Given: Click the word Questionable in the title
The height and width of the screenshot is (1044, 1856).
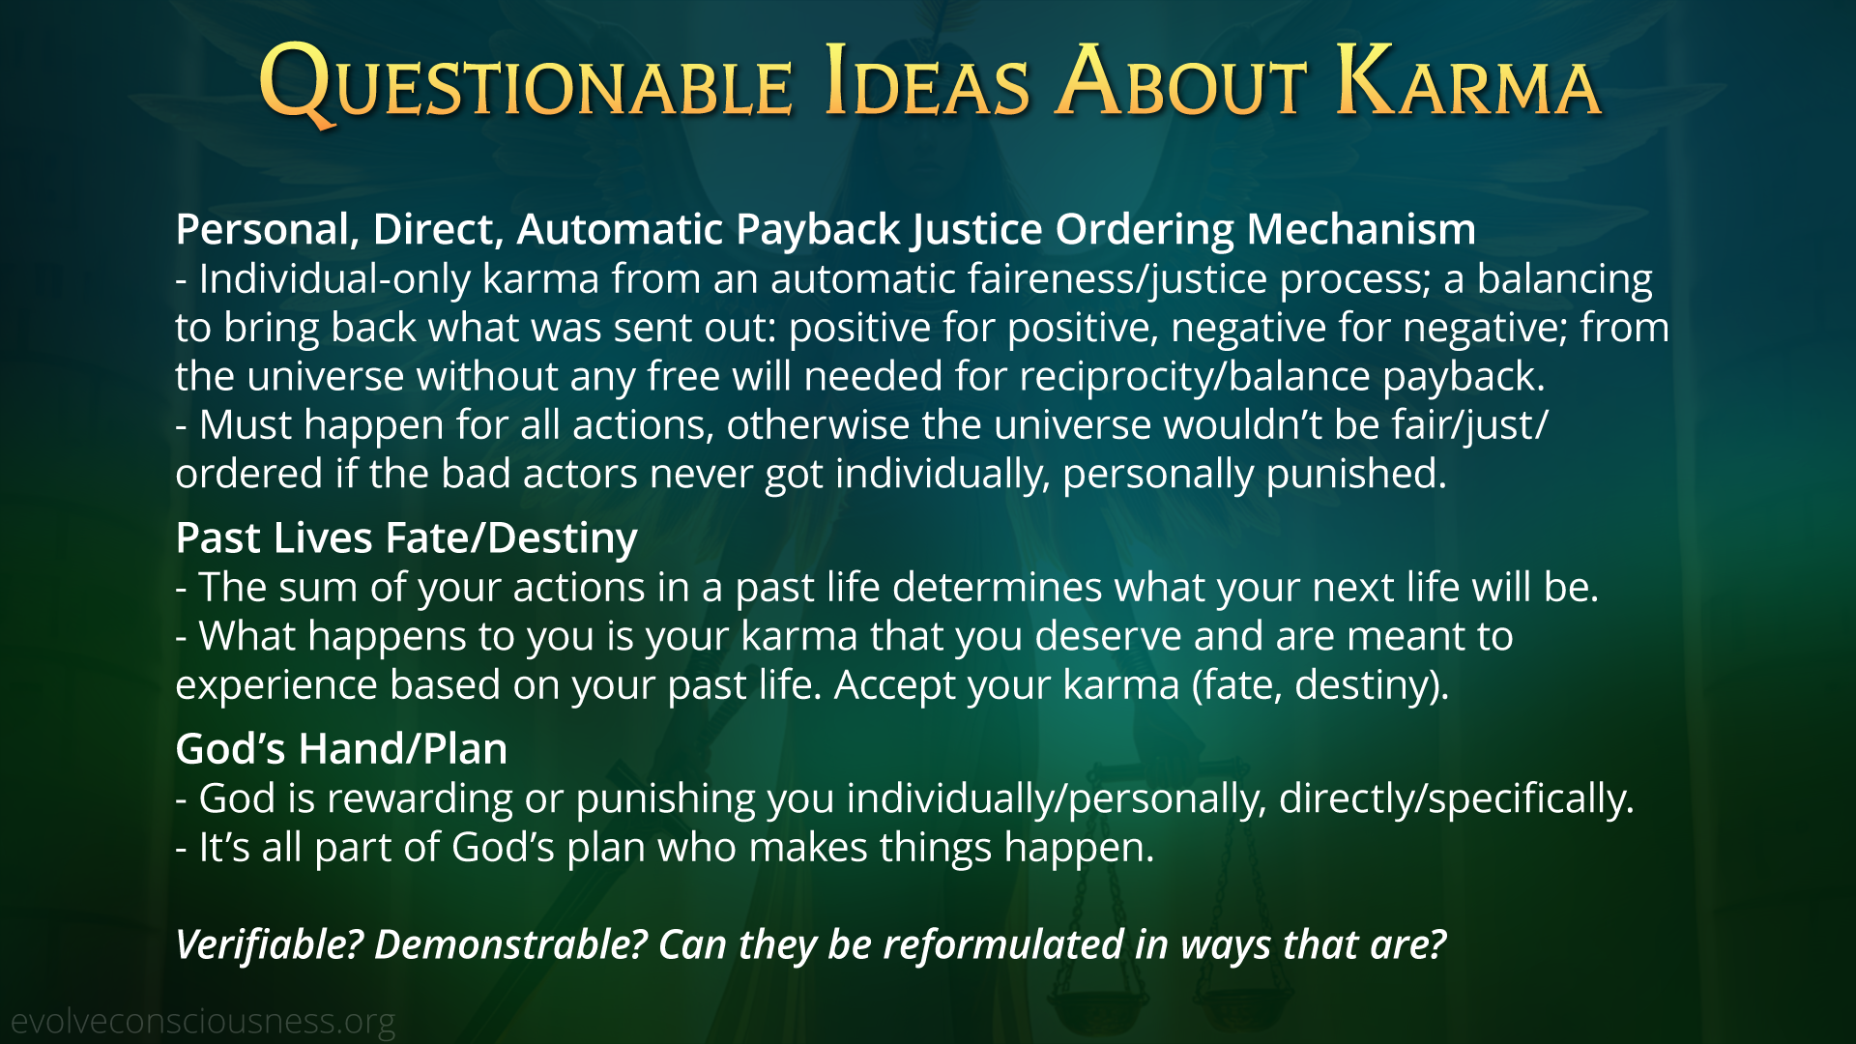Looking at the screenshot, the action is coord(526,83).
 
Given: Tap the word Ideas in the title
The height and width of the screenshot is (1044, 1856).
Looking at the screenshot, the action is coord(928,83).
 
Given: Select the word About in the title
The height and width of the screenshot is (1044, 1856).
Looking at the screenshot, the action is coord(1181,83).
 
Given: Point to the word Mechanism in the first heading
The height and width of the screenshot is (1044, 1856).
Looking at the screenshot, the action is coord(1361,229).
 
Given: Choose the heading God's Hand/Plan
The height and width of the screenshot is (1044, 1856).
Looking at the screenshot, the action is coord(341,749).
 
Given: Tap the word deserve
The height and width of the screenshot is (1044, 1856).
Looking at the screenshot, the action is coord(1108,637).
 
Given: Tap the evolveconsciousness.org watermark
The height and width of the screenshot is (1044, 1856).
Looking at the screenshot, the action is coord(203,1022).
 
